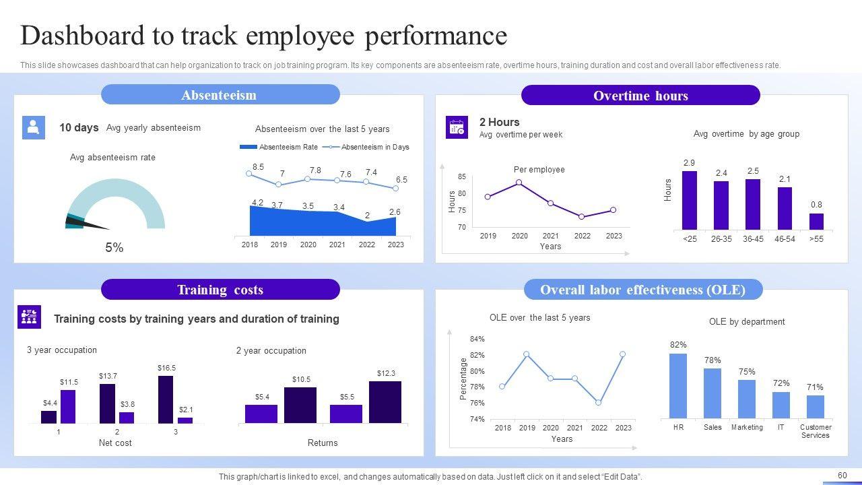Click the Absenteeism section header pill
(220, 95)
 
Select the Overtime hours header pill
(640, 96)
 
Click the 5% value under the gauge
(114, 248)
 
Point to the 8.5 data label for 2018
(258, 167)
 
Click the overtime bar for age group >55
(816, 222)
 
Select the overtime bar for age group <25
(689, 200)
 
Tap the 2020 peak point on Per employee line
(519, 183)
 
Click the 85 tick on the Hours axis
(462, 177)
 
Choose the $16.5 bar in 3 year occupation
(166, 399)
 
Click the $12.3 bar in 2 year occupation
(385, 402)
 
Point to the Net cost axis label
(115, 443)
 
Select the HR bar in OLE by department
(678, 386)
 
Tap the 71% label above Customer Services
(815, 387)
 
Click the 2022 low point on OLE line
(599, 403)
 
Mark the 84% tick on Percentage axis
(477, 339)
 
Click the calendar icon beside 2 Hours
(457, 127)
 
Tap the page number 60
(842, 476)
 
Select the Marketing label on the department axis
(747, 427)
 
